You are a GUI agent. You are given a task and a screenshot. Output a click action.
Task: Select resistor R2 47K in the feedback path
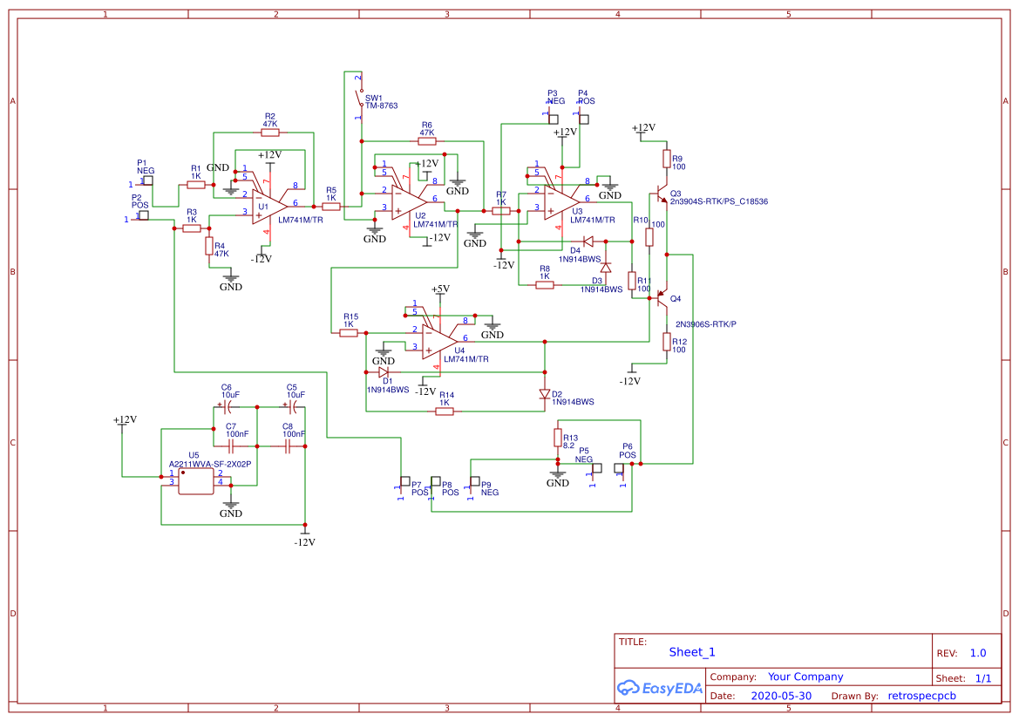[270, 133]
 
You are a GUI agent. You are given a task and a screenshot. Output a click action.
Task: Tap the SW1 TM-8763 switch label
[380, 102]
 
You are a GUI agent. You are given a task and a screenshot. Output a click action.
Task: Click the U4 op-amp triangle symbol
[438, 339]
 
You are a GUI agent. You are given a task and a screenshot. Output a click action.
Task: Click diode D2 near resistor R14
[545, 394]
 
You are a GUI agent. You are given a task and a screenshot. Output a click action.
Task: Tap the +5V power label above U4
[440, 289]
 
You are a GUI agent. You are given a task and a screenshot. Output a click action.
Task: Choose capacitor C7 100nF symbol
[231, 445]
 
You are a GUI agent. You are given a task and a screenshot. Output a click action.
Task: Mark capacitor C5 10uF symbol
[293, 406]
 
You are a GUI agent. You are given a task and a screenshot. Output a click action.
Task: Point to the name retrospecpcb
[921, 697]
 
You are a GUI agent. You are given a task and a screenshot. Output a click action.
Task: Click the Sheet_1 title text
[692, 652]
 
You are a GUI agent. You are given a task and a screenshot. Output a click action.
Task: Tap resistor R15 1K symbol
[349, 332]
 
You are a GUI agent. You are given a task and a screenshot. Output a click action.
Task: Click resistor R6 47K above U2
[426, 140]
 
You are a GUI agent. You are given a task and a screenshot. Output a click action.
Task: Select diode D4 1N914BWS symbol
[588, 241]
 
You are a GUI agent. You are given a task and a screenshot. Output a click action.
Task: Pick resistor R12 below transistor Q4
[667, 342]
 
